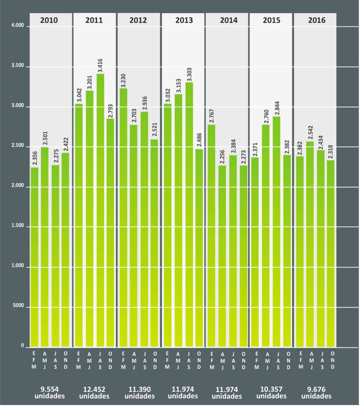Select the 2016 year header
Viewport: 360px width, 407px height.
click(316, 20)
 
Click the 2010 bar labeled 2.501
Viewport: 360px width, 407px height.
click(45, 246)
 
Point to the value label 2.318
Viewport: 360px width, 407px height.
click(331, 152)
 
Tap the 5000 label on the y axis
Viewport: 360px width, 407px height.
click(18, 307)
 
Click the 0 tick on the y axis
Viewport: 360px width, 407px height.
click(22, 346)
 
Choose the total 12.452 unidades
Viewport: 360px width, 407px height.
click(94, 393)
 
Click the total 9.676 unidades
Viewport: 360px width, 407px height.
click(316, 393)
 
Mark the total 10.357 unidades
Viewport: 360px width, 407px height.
click(271, 393)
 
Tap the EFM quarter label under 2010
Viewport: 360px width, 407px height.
click(34, 360)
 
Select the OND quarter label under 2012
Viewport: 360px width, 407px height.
click(155, 360)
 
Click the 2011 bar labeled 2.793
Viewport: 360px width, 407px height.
click(110, 232)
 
